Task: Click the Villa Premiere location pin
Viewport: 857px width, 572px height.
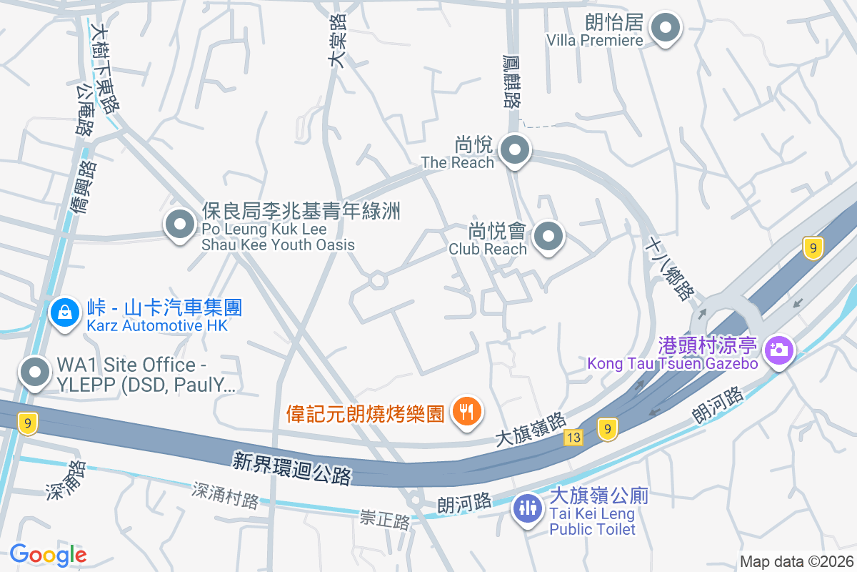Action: coord(666,29)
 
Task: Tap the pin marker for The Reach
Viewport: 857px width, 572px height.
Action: coord(514,151)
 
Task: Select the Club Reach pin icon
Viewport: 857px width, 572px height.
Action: coord(548,237)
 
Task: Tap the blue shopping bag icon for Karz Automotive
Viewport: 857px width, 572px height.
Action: coord(65,312)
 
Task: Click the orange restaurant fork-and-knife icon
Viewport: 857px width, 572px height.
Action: coord(466,411)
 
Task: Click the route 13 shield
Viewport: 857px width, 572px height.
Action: coord(573,437)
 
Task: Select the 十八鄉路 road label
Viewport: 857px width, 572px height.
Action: coord(669,268)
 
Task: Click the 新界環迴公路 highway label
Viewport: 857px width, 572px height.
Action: coord(292,468)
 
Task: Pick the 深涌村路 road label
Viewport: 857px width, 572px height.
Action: coord(225,494)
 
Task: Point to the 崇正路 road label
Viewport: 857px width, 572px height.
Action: coord(385,520)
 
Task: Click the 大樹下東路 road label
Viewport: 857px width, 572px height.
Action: coord(106,69)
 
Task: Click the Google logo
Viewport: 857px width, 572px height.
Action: coord(48,555)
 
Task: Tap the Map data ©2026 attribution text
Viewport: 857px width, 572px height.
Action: coord(796,561)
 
